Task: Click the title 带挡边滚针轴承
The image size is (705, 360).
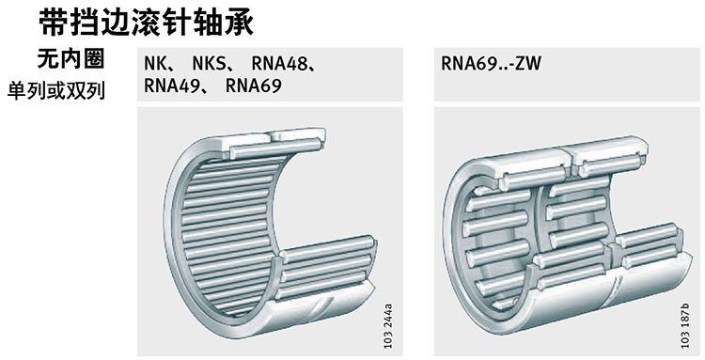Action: click(147, 22)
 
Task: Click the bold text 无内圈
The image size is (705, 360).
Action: click(70, 59)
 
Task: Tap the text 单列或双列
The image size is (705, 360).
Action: click(56, 91)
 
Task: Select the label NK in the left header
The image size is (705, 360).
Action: click(154, 63)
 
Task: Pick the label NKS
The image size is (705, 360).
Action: click(209, 63)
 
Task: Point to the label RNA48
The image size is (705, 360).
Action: click(279, 63)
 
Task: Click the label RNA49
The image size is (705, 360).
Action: click(171, 86)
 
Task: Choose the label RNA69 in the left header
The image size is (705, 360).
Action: click(254, 86)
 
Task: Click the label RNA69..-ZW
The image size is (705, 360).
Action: click(491, 63)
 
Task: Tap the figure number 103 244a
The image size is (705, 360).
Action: click(388, 326)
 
